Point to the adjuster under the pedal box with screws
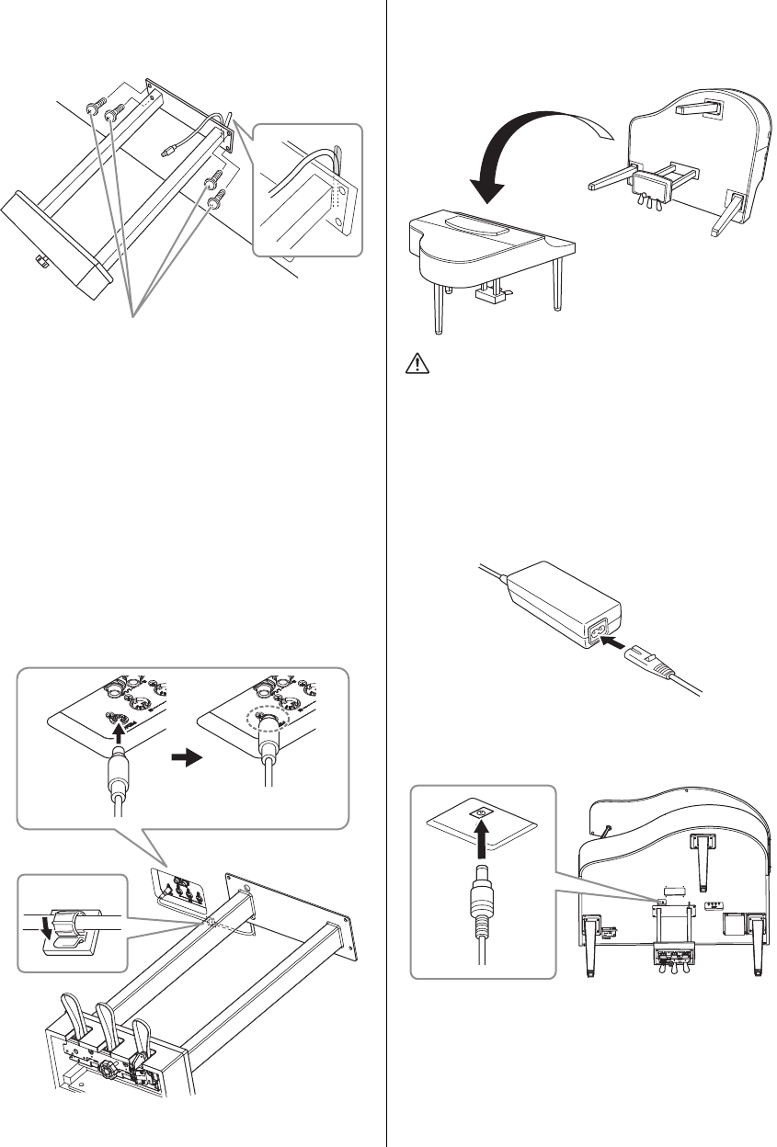click(x=40, y=263)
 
